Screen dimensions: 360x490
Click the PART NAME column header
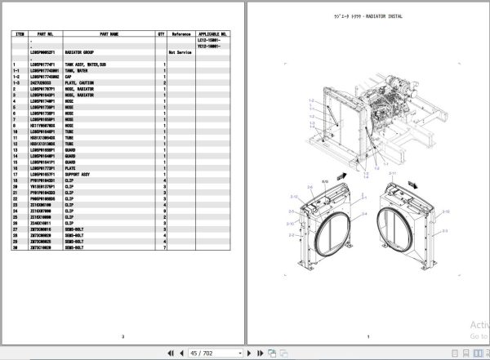pos(109,34)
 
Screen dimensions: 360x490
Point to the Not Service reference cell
pos(180,51)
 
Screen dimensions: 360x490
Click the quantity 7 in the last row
pos(164,247)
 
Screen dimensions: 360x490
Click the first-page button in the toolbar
pos(168,352)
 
